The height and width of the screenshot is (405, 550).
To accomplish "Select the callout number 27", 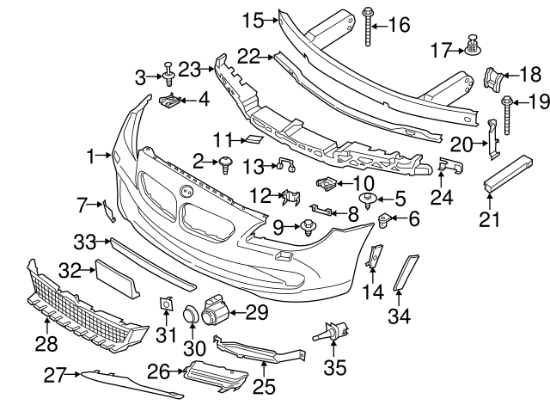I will pos(57,375).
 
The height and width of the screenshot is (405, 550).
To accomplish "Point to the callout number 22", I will pos(248,56).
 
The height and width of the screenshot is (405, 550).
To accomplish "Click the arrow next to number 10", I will pos(341,182).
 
